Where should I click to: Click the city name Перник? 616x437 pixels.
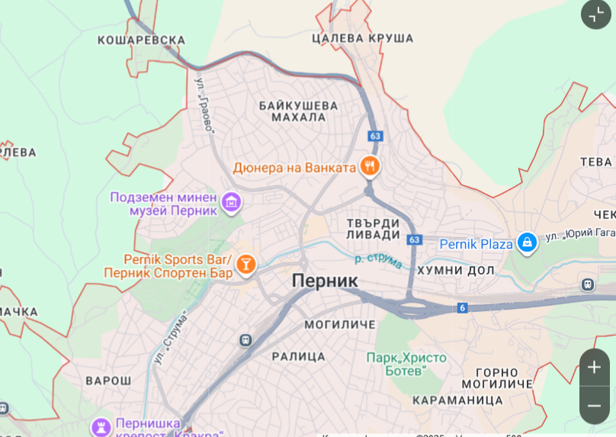tap(325, 281)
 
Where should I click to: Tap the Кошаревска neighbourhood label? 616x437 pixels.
tap(142, 40)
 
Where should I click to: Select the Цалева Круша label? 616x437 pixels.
tap(363, 38)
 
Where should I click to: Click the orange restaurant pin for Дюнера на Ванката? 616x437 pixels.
tap(371, 166)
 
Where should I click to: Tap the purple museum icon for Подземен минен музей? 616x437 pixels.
tap(232, 202)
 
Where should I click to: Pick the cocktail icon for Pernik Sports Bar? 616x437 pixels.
tap(245, 265)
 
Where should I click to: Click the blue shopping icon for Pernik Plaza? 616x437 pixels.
tap(526, 243)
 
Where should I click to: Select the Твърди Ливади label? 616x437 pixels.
tap(373, 228)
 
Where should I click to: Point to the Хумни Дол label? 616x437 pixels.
tap(454, 270)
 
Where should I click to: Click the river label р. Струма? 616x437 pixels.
tap(379, 259)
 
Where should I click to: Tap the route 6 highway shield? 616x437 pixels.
tap(462, 307)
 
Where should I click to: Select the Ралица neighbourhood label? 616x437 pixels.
tap(298, 356)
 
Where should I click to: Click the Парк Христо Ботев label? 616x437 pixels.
tap(406, 364)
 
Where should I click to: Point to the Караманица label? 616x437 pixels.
tap(457, 400)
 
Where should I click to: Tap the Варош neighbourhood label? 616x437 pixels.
tap(108, 380)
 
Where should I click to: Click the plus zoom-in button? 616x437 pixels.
tap(595, 367)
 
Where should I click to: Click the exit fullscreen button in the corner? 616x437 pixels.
tap(595, 14)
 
